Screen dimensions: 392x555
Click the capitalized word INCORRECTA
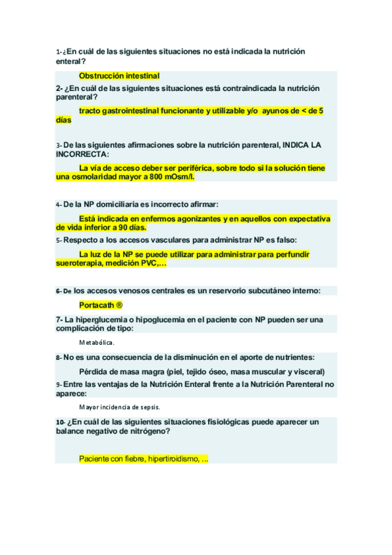[x=80, y=154]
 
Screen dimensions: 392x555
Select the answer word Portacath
[x=96, y=305]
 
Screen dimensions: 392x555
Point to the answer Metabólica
[x=97, y=342]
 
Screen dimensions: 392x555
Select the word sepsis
[x=147, y=406]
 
